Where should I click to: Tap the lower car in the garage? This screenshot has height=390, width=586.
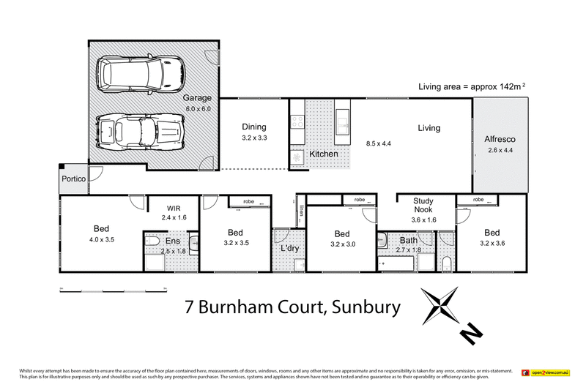click(x=137, y=132)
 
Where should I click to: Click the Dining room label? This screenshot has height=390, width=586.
click(x=253, y=127)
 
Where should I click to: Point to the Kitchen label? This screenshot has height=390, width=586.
click(x=323, y=154)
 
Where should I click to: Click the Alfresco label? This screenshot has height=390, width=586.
click(x=500, y=139)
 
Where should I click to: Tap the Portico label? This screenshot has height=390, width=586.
click(x=73, y=179)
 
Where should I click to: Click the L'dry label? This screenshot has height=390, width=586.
click(x=290, y=249)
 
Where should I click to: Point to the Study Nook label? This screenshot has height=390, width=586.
click(x=424, y=204)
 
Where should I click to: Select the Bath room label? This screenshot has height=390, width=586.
click(x=409, y=239)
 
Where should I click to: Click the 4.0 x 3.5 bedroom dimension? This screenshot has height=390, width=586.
click(x=102, y=239)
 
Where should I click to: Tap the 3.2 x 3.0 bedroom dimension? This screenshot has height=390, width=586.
click(x=343, y=245)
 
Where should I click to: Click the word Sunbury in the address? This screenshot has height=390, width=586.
click(x=363, y=306)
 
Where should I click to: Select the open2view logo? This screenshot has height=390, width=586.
click(x=545, y=373)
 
